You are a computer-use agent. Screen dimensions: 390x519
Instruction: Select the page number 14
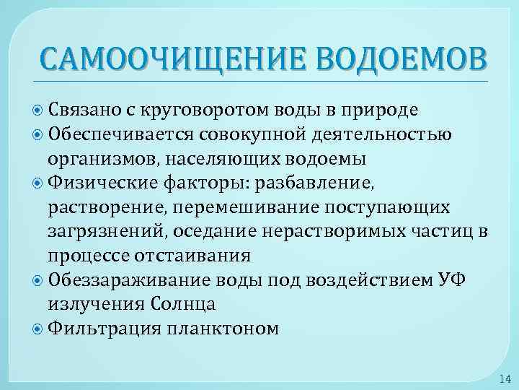point(502,378)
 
